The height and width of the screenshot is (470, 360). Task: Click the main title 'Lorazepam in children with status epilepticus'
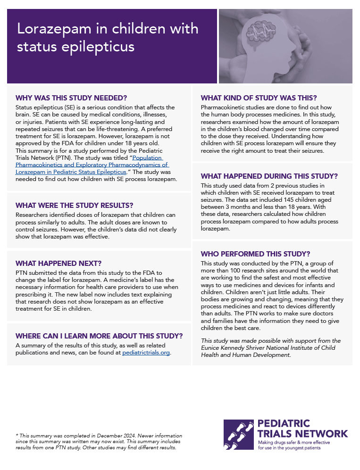(108, 38)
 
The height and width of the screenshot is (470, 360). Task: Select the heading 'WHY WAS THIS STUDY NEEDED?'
(71, 98)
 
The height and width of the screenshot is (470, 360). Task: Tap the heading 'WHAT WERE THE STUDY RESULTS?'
(74, 206)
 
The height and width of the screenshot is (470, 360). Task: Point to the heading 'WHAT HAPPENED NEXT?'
(59, 264)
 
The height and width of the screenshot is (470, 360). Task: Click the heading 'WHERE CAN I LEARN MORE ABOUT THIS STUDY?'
(99, 336)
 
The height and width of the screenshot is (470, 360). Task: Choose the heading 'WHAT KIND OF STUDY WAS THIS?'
(259, 98)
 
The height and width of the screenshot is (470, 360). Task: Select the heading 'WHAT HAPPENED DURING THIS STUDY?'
(269, 176)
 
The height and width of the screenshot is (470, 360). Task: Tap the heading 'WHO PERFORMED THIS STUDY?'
(255, 254)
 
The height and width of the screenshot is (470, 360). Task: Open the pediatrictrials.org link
(146, 352)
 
